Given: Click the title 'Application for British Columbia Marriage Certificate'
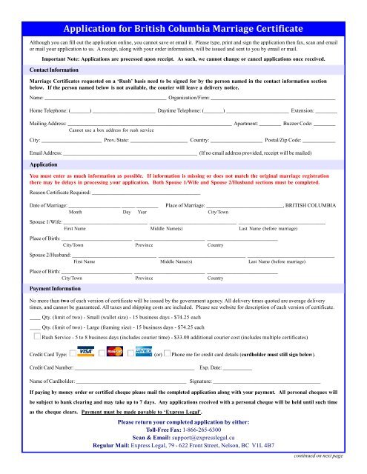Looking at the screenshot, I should [184, 30].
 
